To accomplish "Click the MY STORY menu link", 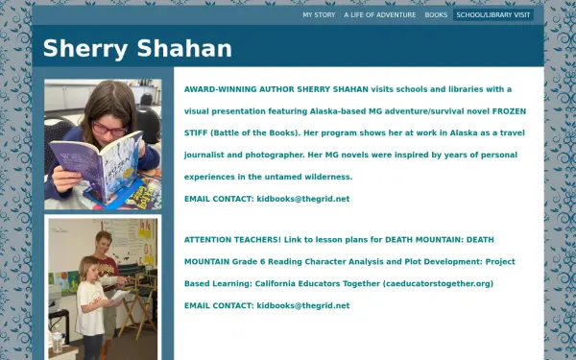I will [x=319, y=15].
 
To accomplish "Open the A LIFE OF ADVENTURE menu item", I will [x=380, y=15].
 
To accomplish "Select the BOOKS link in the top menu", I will [x=436, y=15].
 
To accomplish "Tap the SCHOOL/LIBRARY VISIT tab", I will [x=492, y=15].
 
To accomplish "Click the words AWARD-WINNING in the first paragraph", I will [x=218, y=88].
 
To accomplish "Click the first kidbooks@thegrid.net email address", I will [x=302, y=199].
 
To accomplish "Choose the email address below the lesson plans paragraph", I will [x=302, y=305].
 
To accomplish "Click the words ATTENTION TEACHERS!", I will [x=230, y=239].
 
